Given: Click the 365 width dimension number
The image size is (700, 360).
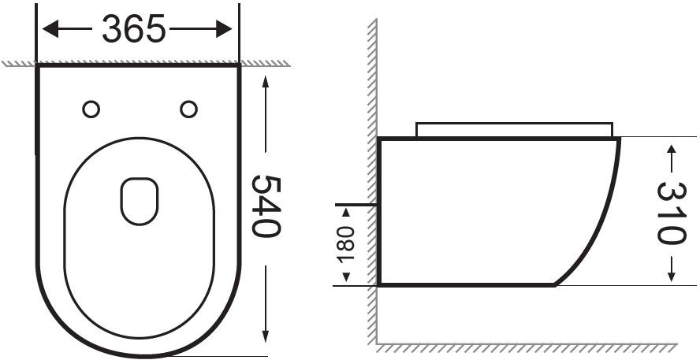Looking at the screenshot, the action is coord(134,29).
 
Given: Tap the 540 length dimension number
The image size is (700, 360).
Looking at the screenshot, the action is coord(266,206).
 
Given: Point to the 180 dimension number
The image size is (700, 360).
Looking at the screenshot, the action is coord(345,244).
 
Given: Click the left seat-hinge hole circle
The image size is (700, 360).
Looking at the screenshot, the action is coord(91,109).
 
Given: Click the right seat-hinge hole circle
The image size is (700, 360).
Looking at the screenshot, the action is coord(189,109).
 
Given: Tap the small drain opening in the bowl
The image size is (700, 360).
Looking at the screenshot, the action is coord(140,201).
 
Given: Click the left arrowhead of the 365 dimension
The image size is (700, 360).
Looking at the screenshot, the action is coord(50,29).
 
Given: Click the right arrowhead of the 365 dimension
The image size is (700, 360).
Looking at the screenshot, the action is coord(224,29).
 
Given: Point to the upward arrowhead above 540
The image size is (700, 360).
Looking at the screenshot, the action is coord(266,83).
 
